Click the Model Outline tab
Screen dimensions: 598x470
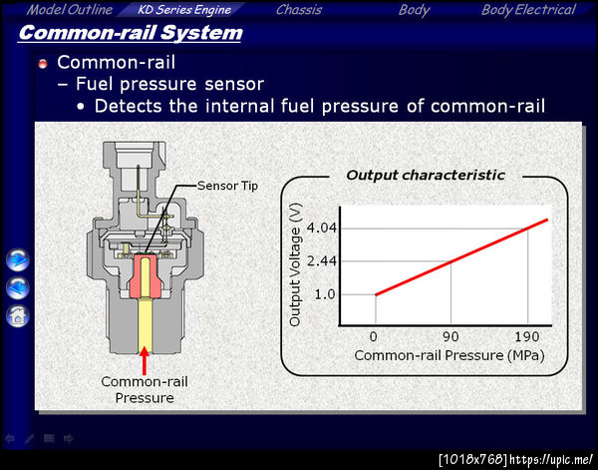click(70, 10)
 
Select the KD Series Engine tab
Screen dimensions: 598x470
click(184, 10)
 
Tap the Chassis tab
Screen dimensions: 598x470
click(299, 10)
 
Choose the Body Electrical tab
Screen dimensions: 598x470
click(528, 10)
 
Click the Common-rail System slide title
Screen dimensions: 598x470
click(131, 33)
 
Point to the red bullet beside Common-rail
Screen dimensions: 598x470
click(43, 64)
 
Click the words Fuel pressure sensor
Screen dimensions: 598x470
click(169, 85)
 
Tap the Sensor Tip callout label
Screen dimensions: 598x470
click(227, 186)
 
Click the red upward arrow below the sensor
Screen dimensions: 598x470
click(145, 361)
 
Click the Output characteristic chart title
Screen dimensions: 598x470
click(426, 176)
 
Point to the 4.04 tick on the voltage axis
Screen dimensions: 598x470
click(322, 229)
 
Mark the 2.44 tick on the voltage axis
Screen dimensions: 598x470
click(322, 261)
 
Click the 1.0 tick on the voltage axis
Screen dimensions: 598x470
click(325, 294)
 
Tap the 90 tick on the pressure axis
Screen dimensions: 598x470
click(450, 336)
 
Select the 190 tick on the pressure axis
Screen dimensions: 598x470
click(527, 336)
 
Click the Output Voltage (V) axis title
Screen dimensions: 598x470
click(296, 264)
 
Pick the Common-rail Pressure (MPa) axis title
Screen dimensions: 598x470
click(449, 356)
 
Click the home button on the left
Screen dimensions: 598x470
click(18, 316)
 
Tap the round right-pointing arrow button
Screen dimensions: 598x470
click(18, 259)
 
